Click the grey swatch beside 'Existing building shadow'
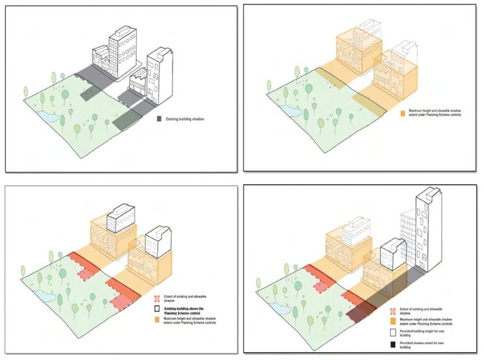[159, 120]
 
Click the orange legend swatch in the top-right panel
[402, 113]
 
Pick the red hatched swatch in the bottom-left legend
[157, 291]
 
